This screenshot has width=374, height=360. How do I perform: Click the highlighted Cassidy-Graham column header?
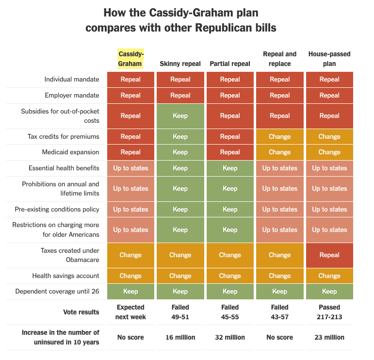point(130,59)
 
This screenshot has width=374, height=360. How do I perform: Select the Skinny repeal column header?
point(180,64)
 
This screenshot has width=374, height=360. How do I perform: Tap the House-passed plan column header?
point(329,59)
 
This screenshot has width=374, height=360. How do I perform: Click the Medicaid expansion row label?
point(71,152)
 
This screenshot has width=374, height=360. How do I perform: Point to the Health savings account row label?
point(65,276)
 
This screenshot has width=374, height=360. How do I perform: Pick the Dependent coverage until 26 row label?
point(57,291)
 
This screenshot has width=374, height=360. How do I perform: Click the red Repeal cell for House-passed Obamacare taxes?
point(329,255)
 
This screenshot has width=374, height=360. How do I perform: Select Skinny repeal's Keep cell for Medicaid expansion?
point(180,152)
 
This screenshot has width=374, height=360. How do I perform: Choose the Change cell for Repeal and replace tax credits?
point(279,136)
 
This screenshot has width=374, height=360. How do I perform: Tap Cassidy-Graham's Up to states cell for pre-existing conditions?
point(130,209)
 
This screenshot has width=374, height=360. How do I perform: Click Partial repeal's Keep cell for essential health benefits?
point(230,168)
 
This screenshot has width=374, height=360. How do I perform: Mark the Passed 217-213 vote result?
point(329,312)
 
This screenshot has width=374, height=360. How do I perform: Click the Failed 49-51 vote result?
point(180,312)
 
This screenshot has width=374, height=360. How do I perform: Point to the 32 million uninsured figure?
point(230,337)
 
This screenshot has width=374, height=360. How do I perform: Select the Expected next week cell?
point(130,312)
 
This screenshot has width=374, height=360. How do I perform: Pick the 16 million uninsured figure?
point(180,337)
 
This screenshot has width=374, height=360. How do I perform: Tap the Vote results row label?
point(81,312)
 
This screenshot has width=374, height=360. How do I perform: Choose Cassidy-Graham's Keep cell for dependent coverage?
point(130,291)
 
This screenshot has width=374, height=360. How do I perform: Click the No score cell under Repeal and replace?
point(279,337)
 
